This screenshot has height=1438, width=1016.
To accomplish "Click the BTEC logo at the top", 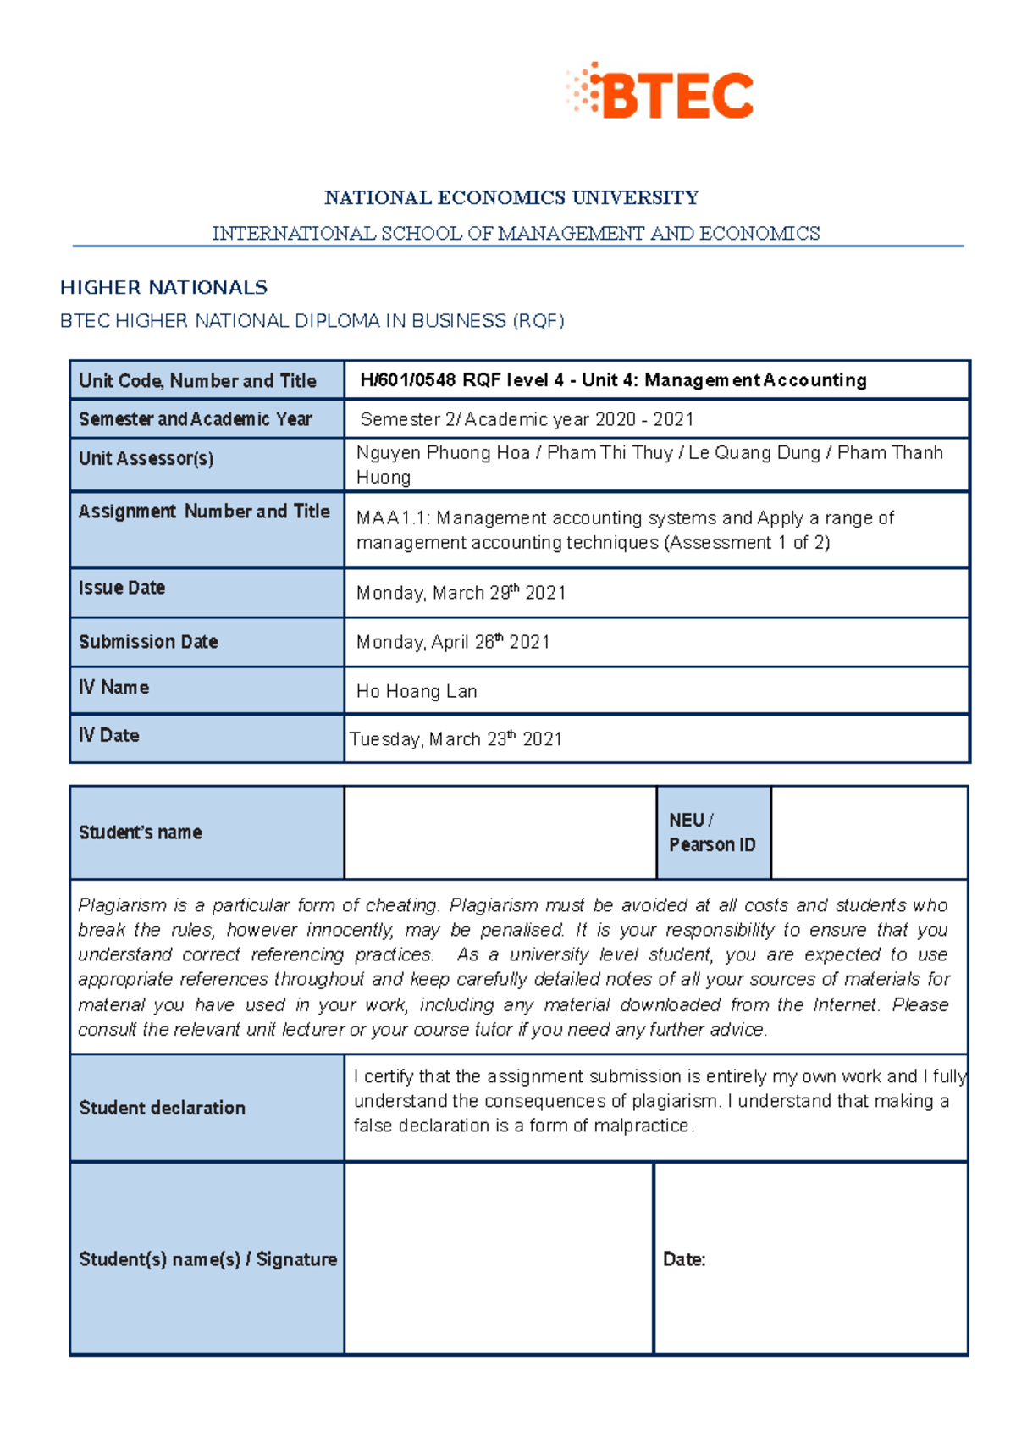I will (660, 92).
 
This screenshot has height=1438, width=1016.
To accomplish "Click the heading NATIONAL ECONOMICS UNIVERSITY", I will (511, 198).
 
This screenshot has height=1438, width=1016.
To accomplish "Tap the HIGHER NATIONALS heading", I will (163, 288).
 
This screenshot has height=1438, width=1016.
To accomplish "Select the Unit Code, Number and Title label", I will (197, 381).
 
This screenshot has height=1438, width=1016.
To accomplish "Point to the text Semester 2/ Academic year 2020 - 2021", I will (527, 419).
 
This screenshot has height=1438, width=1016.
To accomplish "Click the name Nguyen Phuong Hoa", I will (442, 453).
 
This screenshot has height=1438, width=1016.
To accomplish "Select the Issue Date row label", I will (122, 588).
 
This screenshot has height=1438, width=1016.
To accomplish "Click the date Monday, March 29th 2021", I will (461, 593).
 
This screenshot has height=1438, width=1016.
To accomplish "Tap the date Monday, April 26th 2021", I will (453, 642).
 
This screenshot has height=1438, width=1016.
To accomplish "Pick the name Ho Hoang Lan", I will (417, 691).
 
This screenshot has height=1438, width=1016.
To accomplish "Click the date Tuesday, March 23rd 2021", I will (456, 739).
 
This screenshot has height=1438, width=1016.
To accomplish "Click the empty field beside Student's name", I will (500, 832).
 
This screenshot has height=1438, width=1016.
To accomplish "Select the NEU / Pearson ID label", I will (711, 832).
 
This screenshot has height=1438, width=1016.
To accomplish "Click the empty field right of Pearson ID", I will (869, 832).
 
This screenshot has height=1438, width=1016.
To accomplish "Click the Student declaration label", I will (162, 1108).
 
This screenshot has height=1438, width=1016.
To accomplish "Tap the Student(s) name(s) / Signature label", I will (207, 1259).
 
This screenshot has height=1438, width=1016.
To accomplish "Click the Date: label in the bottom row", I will (684, 1259).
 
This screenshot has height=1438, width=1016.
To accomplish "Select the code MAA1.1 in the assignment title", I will (391, 518).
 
